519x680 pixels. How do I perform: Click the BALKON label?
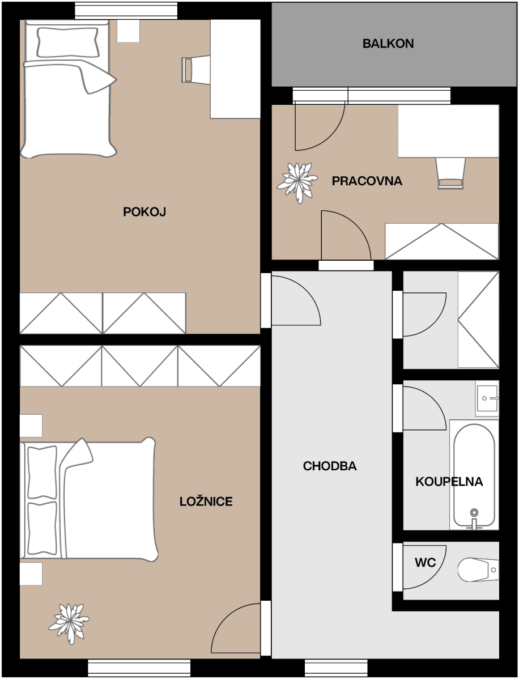pos(388,44)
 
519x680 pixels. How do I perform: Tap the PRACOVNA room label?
pos(367,181)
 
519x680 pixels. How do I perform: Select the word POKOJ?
pos(144,212)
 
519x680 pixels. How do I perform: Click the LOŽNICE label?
pos(206,501)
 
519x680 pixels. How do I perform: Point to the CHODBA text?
pos(330,466)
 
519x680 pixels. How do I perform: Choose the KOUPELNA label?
pos(449,482)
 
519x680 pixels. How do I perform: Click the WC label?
pos(425,563)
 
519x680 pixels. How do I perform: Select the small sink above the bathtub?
pos(487,398)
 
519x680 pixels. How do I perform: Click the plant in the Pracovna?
pos(296,182)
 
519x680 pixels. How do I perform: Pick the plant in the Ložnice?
pos(69,623)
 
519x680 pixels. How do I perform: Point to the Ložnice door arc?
pos(236,629)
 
